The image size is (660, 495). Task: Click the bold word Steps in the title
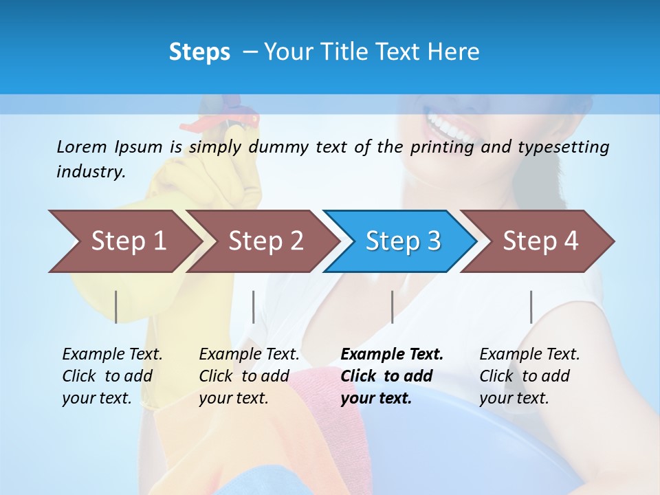[199, 52]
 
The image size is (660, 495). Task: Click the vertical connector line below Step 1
[116, 307]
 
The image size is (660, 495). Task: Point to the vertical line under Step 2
[254, 307]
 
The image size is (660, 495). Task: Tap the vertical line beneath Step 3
[392, 307]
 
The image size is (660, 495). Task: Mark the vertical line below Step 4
[531, 307]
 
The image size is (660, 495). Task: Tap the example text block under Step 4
[529, 376]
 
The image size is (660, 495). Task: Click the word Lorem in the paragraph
[82, 146]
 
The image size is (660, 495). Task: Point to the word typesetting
[563, 147]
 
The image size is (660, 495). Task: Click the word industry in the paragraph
[90, 172]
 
